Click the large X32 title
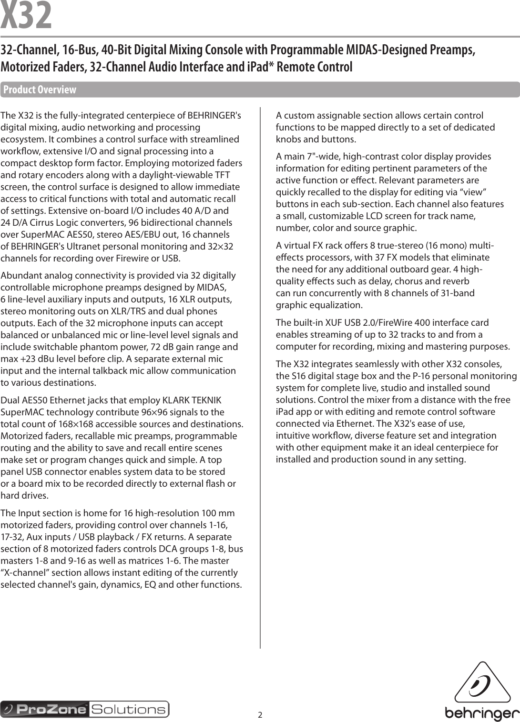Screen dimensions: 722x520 click(x=26, y=16)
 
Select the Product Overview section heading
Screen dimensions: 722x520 click(x=40, y=90)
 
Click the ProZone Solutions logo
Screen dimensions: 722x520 click(x=85, y=709)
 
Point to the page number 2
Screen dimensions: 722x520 click(x=260, y=714)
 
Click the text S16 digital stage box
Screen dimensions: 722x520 click(x=327, y=376)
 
